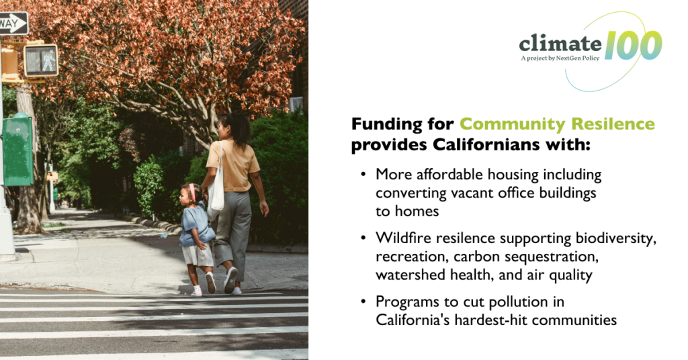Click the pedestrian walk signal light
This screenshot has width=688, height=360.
click(41, 60)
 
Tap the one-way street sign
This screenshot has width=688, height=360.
click(13, 24)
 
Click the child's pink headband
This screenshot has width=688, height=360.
click(192, 192)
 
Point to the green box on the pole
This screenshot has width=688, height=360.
click(17, 150)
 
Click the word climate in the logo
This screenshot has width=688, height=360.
click(560, 44)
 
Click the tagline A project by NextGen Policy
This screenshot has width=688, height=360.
click(560, 58)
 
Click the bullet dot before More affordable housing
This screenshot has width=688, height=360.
click(363, 175)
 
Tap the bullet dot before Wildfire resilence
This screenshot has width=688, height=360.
click(363, 238)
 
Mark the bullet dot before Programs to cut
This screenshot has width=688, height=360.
click(363, 302)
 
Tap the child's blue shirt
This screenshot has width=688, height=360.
click(196, 224)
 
